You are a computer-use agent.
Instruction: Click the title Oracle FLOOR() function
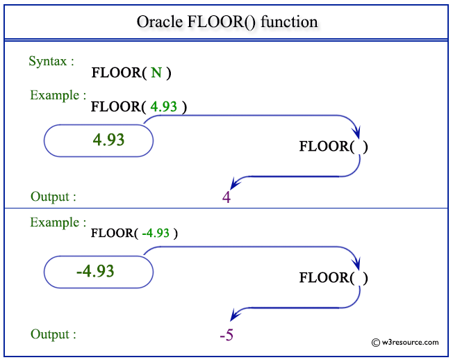(x=226, y=22)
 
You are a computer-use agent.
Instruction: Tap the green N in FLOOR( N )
(x=156, y=72)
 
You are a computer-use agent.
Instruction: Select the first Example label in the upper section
(x=58, y=95)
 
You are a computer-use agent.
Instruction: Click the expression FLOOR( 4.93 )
(x=139, y=106)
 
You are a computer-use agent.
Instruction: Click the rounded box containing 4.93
(x=98, y=140)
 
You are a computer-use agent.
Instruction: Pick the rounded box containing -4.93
(x=98, y=270)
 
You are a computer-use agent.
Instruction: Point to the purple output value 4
(x=226, y=197)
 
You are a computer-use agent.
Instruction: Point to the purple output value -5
(x=226, y=336)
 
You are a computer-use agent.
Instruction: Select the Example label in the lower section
(x=58, y=222)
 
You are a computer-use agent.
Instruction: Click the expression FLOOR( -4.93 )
(x=134, y=234)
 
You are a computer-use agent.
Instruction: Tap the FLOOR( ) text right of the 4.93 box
(x=333, y=147)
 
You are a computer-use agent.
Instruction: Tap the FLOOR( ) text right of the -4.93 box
(x=333, y=278)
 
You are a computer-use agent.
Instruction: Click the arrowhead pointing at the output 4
(x=236, y=183)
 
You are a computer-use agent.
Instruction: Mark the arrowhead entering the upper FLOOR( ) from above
(x=357, y=133)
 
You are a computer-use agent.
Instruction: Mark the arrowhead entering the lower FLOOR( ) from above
(x=357, y=264)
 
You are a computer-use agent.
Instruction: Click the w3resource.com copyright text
(x=405, y=342)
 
